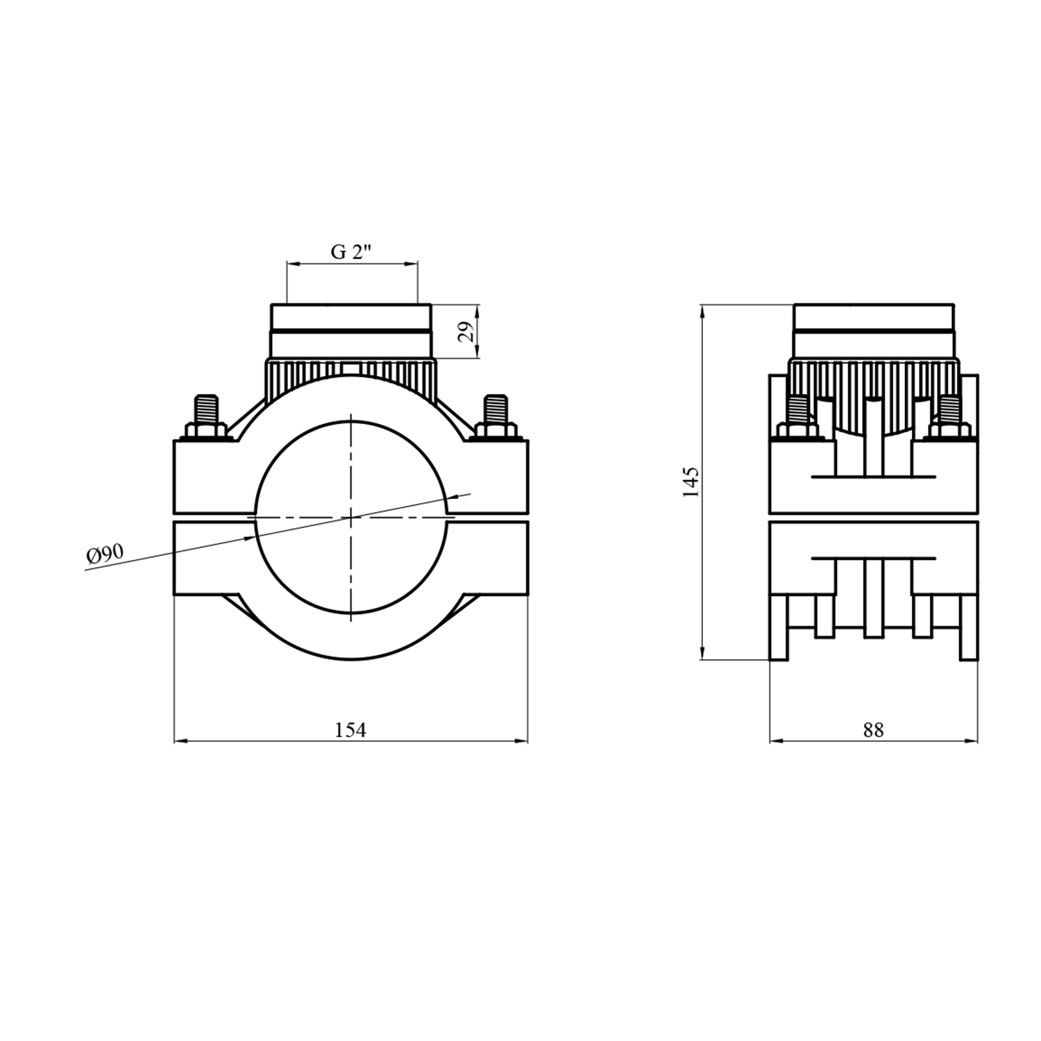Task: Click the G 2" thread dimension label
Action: [351, 252]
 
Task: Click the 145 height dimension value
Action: [691, 482]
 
